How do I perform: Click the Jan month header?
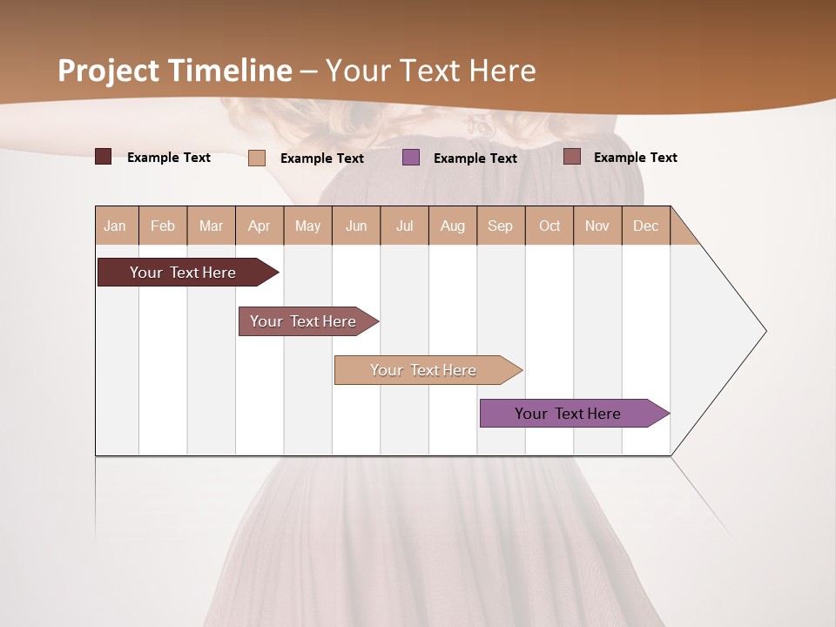point(116,226)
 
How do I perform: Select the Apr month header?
point(260,226)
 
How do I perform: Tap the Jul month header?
point(405,226)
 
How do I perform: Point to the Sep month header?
point(501,226)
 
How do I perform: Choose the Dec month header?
point(646,226)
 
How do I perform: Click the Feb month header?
point(163,226)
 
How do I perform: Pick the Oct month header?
point(549,226)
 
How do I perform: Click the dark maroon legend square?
point(104,157)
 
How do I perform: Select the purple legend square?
point(411,158)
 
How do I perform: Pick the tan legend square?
point(257,158)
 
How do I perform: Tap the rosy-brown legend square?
point(572,157)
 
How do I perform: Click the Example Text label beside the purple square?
point(475,158)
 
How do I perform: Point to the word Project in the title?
point(108,71)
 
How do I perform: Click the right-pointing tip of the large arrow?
point(764,331)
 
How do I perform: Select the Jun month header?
point(356,226)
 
